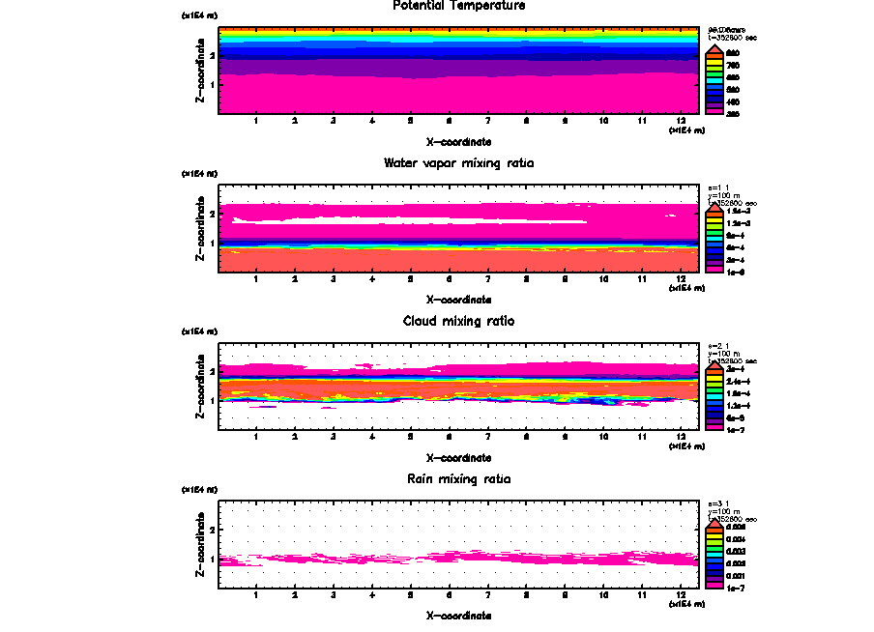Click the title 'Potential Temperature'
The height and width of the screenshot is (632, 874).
[459, 6]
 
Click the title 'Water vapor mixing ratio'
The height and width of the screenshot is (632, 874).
[459, 163]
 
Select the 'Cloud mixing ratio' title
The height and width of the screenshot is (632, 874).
[459, 321]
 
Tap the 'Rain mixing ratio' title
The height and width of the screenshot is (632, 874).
[459, 478]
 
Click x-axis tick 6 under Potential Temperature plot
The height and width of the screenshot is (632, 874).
[449, 121]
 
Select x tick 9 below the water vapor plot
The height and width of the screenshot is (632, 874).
[565, 279]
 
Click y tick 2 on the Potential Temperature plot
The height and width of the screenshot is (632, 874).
[212, 56]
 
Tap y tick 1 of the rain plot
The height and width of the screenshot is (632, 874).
[212, 560]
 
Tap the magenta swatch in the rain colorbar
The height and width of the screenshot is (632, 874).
[712, 586]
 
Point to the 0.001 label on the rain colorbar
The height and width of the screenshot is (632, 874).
[735, 574]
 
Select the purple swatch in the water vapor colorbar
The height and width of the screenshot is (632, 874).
[712, 262]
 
